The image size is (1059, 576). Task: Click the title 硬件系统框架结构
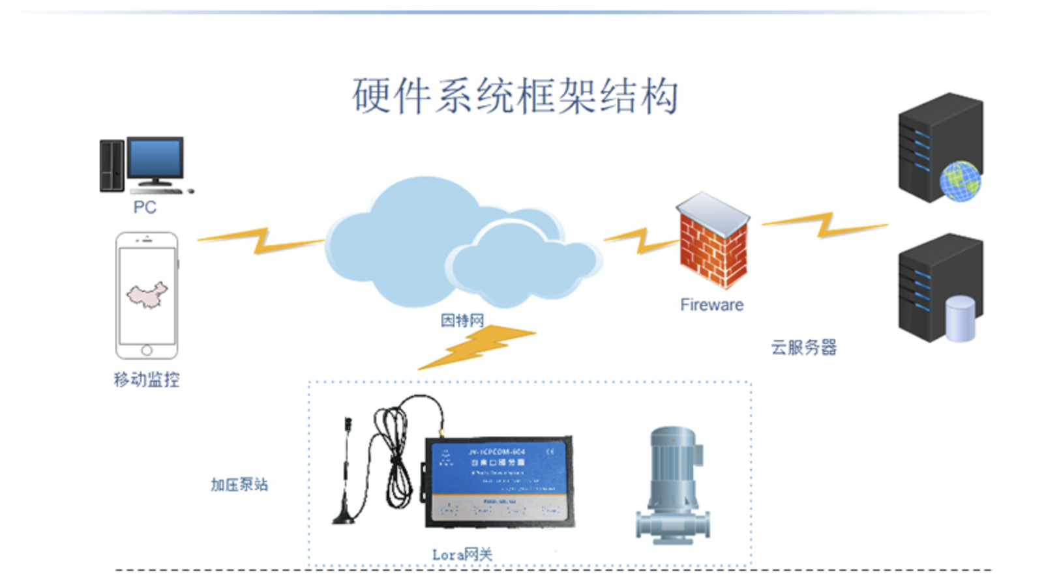pos(515,96)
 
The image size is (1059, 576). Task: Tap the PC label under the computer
pos(145,207)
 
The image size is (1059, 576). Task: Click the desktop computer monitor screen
pos(155,158)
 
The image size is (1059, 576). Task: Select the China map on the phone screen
pos(147,295)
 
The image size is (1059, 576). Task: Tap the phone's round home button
pos(147,350)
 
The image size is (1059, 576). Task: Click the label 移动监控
pos(147,379)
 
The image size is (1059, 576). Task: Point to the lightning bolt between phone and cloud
pos(261,241)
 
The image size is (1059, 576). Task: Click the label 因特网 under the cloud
pos(462,320)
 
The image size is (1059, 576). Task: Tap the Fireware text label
pos(711,305)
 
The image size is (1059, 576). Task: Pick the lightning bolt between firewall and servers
pos(826,225)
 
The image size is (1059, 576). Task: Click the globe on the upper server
pos(960,180)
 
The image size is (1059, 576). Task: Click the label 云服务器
pos(803,347)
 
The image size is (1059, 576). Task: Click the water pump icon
pos(673,485)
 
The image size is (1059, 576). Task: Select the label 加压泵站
pos(239,484)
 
